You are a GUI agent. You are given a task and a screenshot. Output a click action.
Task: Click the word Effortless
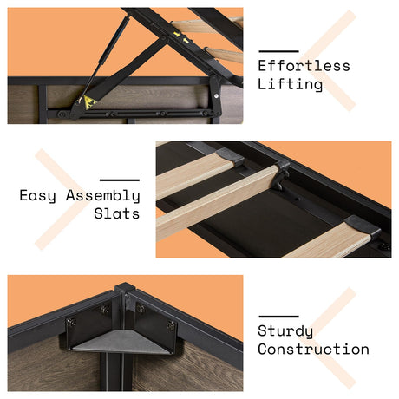point(304,66)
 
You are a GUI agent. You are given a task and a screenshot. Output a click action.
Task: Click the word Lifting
point(290,85)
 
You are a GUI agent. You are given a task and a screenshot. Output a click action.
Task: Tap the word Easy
point(37,196)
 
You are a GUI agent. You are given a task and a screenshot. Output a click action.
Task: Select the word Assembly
point(103,196)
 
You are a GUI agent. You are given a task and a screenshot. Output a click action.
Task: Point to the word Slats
point(117,213)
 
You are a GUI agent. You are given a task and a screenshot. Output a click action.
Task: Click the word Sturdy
point(285,331)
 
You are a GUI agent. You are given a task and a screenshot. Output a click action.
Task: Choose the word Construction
point(313,349)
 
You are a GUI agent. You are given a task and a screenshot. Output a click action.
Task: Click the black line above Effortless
point(278,51)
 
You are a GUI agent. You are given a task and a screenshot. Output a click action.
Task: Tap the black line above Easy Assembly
point(120,180)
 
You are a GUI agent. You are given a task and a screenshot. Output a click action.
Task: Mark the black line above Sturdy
point(278,317)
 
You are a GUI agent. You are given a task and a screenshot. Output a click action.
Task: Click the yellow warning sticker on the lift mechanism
point(89,102)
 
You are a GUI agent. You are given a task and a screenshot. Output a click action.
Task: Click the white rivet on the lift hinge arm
point(216,95)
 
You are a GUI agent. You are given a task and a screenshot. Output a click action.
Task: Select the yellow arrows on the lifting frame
point(181,37)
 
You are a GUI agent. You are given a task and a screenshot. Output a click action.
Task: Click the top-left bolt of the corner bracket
point(70,322)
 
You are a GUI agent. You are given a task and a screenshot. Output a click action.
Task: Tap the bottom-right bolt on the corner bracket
point(171,326)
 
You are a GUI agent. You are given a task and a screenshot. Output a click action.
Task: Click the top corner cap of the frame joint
point(125,287)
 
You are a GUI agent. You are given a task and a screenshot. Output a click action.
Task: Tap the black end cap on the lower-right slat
point(363,226)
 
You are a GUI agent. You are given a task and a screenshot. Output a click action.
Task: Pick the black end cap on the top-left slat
point(230,156)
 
